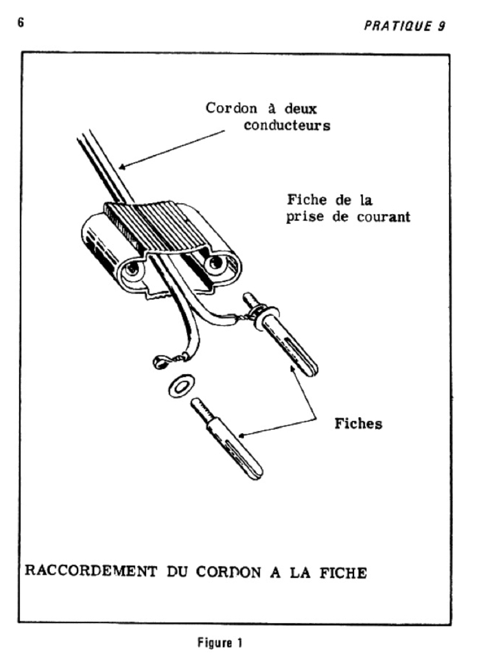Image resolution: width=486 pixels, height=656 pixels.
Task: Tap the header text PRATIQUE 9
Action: point(405,26)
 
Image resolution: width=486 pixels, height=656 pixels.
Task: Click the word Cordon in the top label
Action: point(231,108)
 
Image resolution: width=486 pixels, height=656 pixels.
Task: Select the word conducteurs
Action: point(287,125)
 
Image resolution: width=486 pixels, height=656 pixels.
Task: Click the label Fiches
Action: point(358,423)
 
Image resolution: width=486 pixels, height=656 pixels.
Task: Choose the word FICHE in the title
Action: point(343,572)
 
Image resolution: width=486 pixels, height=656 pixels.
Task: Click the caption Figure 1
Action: point(220,642)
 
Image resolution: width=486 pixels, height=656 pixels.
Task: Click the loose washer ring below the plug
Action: point(181,386)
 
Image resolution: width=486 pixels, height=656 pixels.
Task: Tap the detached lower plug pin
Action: point(227,439)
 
